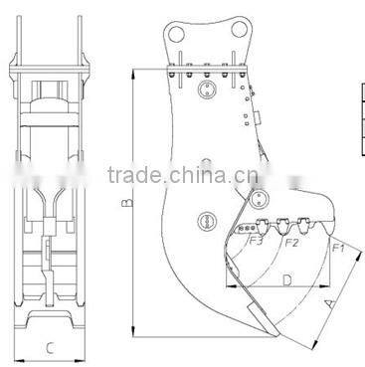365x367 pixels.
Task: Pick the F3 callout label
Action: click(256, 240)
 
